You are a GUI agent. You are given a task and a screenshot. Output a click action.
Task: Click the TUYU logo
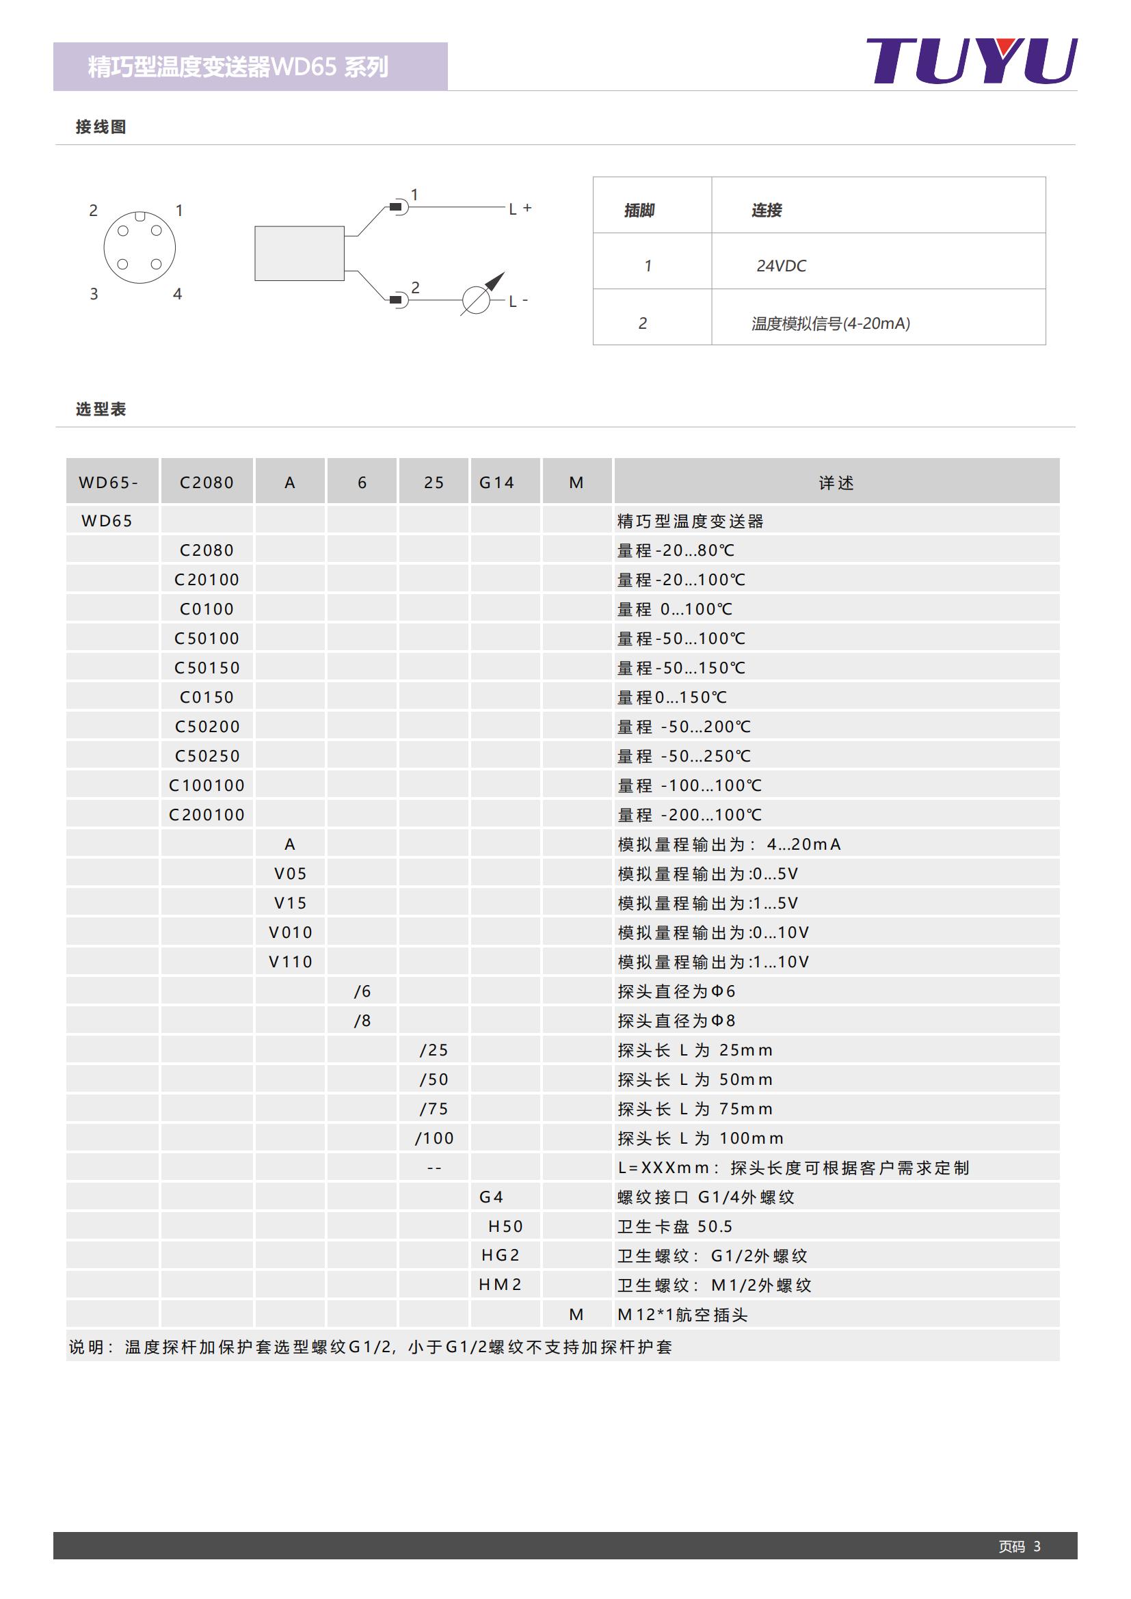click(971, 62)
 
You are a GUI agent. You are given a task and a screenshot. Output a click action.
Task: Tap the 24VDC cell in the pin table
click(781, 266)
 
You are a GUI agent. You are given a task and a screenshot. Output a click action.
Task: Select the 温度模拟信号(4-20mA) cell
click(830, 323)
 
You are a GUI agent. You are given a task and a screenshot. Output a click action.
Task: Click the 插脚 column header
click(639, 210)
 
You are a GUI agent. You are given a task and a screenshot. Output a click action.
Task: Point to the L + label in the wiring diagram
click(520, 209)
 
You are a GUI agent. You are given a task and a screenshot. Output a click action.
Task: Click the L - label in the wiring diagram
click(518, 301)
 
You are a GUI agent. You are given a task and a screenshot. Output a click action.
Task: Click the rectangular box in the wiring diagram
click(299, 254)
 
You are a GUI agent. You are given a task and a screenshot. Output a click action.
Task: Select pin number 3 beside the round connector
click(94, 294)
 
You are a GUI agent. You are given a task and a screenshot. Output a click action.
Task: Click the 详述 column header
click(836, 483)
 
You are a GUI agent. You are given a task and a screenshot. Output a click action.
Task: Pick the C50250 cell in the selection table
click(207, 755)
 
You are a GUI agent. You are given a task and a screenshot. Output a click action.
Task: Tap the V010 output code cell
click(291, 932)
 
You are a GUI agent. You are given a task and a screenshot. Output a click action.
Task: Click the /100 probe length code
click(434, 1139)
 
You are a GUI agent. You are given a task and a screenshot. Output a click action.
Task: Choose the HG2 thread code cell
click(501, 1255)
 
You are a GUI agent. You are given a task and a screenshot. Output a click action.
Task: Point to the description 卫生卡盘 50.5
click(674, 1226)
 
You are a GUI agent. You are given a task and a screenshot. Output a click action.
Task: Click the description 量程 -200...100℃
click(689, 815)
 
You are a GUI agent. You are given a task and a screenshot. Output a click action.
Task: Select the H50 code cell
click(505, 1226)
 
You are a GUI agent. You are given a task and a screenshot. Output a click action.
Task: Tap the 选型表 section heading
click(101, 409)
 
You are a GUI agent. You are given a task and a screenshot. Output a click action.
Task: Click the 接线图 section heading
click(101, 126)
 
